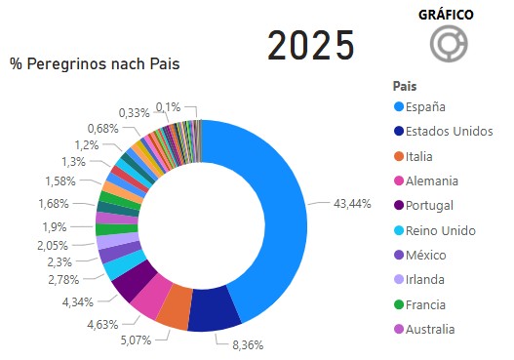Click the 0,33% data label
click(134, 113)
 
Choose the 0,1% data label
click(168, 106)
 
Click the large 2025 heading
click(311, 45)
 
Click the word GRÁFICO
click(446, 15)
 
